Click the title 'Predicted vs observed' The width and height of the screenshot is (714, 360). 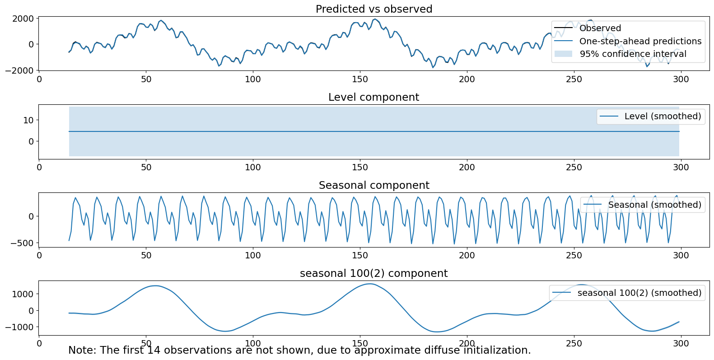click(373, 9)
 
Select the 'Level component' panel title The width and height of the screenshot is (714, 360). click(373, 97)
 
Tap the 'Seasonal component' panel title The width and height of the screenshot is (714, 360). click(373, 185)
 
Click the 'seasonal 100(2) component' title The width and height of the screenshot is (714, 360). click(373, 273)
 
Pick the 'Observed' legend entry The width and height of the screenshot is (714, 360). click(600, 28)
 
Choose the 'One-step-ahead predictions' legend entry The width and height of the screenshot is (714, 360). click(640, 41)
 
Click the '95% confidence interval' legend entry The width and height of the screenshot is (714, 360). click(633, 54)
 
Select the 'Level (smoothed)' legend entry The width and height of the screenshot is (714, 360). click(662, 116)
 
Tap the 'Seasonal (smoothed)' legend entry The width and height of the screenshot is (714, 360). click(654, 205)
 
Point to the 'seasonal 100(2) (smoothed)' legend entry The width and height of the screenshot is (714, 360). click(639, 293)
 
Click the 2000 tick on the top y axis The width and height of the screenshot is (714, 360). click(23, 19)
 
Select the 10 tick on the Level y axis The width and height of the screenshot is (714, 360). click(28, 120)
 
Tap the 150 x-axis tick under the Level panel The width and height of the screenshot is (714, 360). click(360, 168)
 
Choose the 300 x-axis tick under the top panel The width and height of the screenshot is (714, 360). click(681, 79)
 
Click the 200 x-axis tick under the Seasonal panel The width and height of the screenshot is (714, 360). click(467, 256)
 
